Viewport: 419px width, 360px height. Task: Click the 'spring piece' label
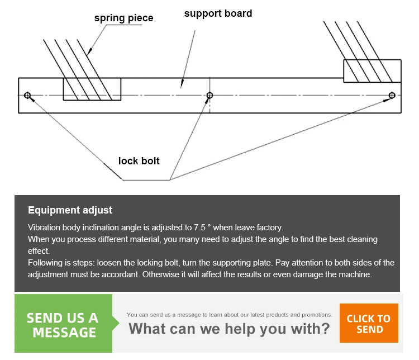pyautogui.click(x=123, y=18)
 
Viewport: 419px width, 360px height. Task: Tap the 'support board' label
pyautogui.click(x=218, y=13)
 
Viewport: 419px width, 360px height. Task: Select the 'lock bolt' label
pyautogui.click(x=139, y=161)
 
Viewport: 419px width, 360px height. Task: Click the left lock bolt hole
pyautogui.click(x=27, y=95)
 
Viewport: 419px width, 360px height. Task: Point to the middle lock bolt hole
pyautogui.click(x=209, y=95)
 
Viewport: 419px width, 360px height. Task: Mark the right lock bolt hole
pyautogui.click(x=392, y=95)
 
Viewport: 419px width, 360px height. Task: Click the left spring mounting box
pyautogui.click(x=92, y=89)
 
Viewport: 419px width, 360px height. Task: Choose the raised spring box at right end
pyautogui.click(x=372, y=70)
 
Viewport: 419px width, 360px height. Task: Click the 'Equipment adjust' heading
pyautogui.click(x=70, y=210)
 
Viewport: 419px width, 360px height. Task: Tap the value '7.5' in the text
pyautogui.click(x=200, y=228)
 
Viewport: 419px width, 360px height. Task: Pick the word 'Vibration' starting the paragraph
pyautogui.click(x=44, y=228)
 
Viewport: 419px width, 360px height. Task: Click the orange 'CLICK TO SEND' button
pyautogui.click(x=369, y=324)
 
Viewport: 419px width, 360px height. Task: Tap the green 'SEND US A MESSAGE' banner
pyautogui.click(x=63, y=325)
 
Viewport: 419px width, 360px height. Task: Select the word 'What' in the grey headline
pyautogui.click(x=147, y=328)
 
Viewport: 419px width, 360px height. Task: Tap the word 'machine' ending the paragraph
pyautogui.click(x=355, y=274)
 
